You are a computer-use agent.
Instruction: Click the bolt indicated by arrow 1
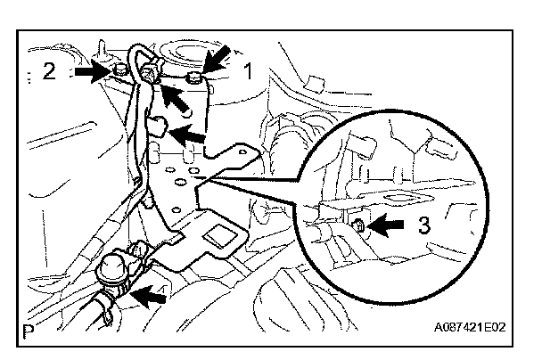coord(195,81)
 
